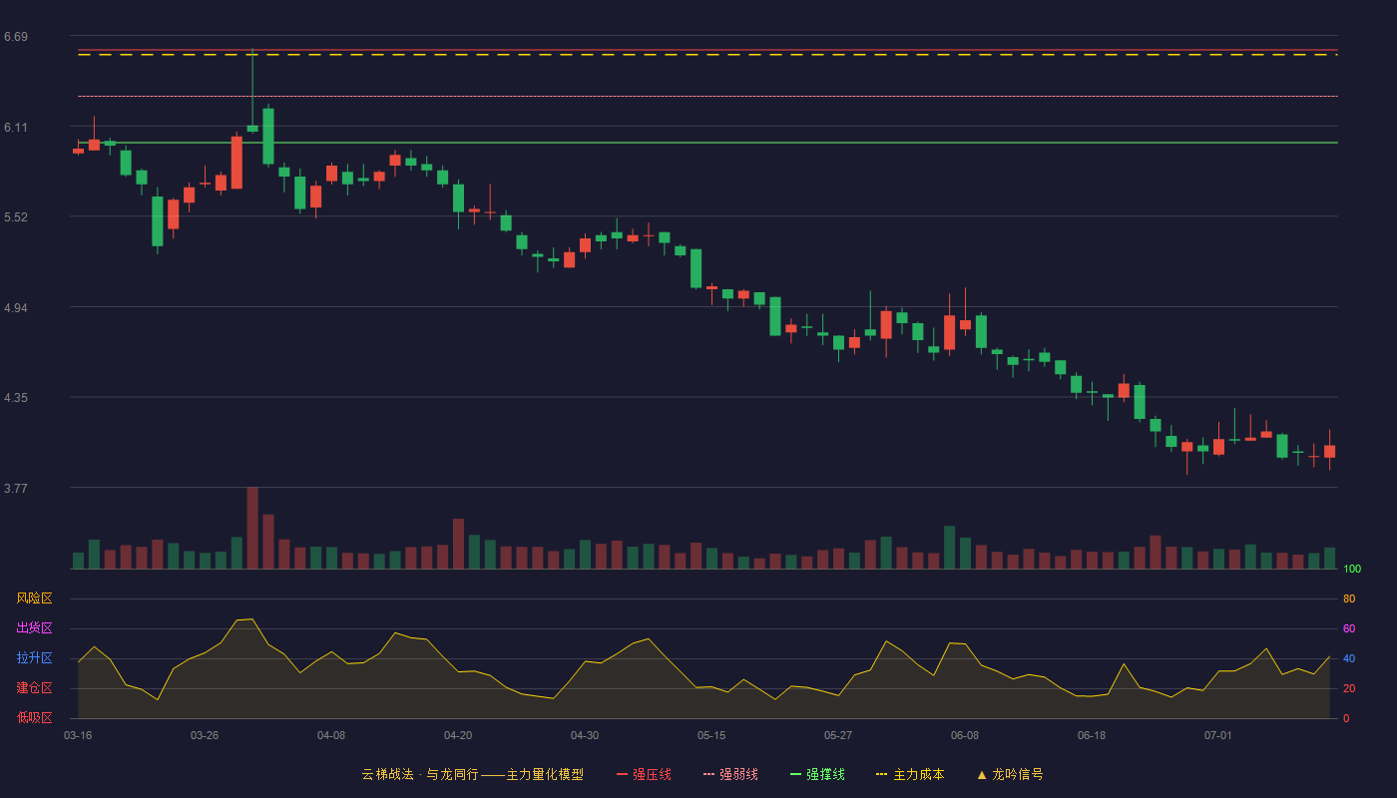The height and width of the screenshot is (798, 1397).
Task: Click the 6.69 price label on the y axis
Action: point(16,37)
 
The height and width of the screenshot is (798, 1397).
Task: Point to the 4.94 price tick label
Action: point(16,308)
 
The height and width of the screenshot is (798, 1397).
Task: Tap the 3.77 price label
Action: point(16,488)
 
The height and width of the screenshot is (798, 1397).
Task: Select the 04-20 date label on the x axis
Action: point(458,736)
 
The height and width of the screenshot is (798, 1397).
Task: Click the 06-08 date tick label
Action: point(965,736)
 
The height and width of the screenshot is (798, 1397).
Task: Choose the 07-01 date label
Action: point(1218,736)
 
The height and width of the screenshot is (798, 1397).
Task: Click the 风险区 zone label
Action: point(34,598)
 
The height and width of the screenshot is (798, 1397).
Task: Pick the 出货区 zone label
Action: point(34,627)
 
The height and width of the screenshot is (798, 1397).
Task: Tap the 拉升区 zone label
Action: point(34,657)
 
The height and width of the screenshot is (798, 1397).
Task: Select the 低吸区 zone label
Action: point(34,717)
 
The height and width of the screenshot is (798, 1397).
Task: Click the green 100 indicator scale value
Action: point(1352,569)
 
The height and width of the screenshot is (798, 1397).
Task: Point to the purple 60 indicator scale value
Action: point(1349,628)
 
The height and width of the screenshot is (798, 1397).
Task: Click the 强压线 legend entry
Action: point(645,774)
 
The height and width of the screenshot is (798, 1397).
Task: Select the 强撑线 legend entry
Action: point(817,774)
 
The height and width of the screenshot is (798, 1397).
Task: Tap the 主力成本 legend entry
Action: point(910,774)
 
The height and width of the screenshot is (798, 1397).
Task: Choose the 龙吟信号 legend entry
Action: point(1010,774)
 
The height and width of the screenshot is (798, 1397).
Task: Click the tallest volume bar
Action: point(252,528)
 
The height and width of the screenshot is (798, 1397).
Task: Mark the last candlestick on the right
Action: point(1329,451)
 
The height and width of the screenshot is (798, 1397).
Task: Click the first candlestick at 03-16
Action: point(78,151)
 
